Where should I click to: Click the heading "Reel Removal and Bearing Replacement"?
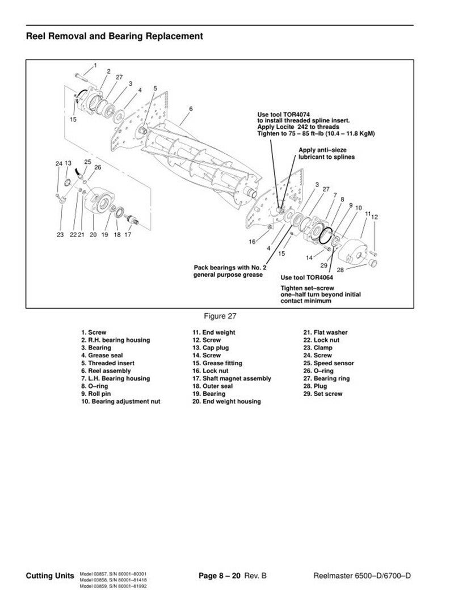click(114, 37)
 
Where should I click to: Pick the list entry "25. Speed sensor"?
click(329, 363)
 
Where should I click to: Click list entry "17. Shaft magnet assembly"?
click(232, 378)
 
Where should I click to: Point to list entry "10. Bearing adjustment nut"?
click(120, 401)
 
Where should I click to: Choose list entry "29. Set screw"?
click(323, 394)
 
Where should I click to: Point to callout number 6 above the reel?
click(191, 108)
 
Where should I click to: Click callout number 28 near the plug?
click(341, 269)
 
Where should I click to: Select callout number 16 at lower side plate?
click(252, 242)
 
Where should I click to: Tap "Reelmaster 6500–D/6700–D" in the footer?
click(362, 576)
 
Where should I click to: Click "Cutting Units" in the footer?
click(50, 576)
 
